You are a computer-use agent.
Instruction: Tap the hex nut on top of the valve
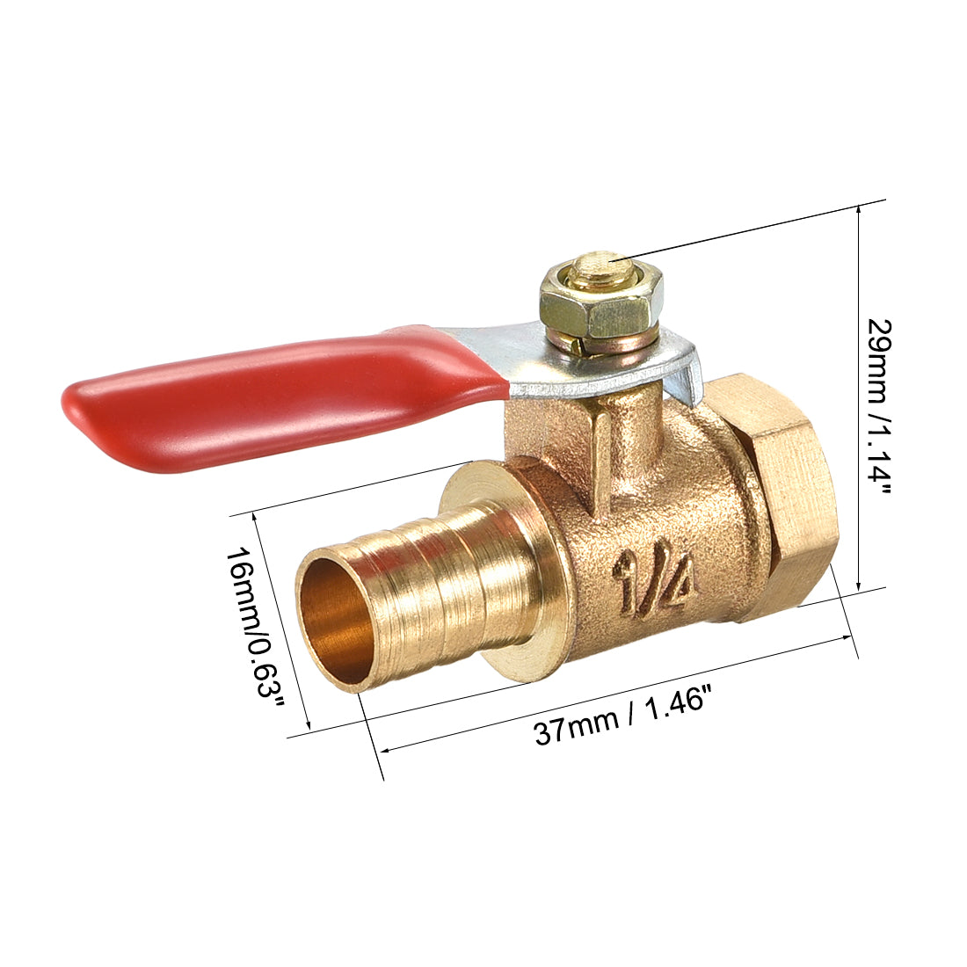[600, 308]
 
